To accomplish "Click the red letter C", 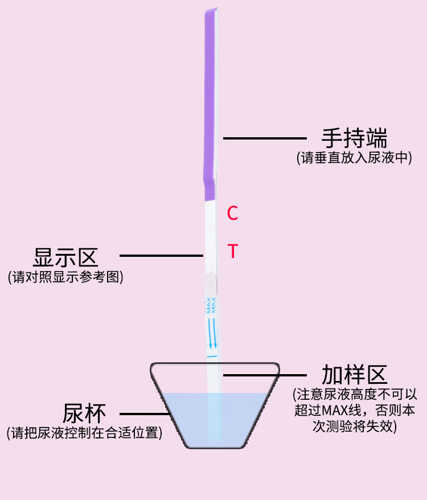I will [x=232, y=213].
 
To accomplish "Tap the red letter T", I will [x=232, y=251].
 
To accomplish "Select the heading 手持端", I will [x=355, y=138].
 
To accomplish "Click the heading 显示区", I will [x=65, y=257].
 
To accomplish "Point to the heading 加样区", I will [x=355, y=375].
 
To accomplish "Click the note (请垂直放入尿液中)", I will [x=354, y=158].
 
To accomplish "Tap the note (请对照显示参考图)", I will [x=65, y=277].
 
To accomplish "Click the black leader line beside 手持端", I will [x=265, y=138].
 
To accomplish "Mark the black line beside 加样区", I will [x=265, y=375].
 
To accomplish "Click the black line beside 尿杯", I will [x=143, y=414].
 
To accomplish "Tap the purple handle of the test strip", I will [x=210, y=103].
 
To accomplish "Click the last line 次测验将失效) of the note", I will [x=353, y=427].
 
